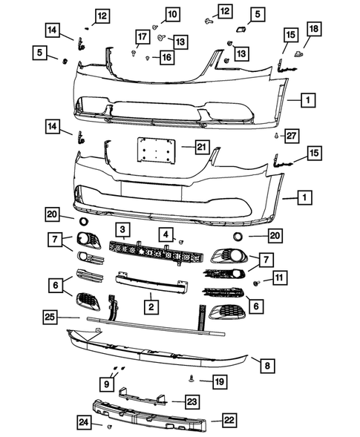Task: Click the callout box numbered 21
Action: pyautogui.click(x=200, y=148)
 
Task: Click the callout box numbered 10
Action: pyautogui.click(x=171, y=14)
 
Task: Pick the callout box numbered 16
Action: pyautogui.click(x=167, y=56)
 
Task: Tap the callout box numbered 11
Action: pyautogui.click(x=280, y=278)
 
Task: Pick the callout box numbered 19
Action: pyautogui.click(x=219, y=381)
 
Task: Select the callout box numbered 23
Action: pyautogui.click(x=192, y=401)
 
